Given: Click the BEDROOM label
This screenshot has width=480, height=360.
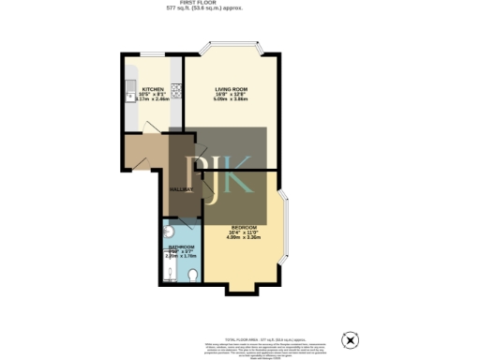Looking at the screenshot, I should click(243, 227).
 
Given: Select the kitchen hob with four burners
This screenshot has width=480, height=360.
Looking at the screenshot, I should click(174, 91).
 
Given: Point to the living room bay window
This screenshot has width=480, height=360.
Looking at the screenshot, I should click(231, 46).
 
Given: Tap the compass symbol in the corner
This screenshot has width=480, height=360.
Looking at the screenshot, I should click(352, 338).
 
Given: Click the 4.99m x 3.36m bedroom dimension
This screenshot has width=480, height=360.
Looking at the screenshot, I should click(243, 237).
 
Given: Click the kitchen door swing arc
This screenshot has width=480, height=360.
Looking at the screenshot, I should click(135, 151).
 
